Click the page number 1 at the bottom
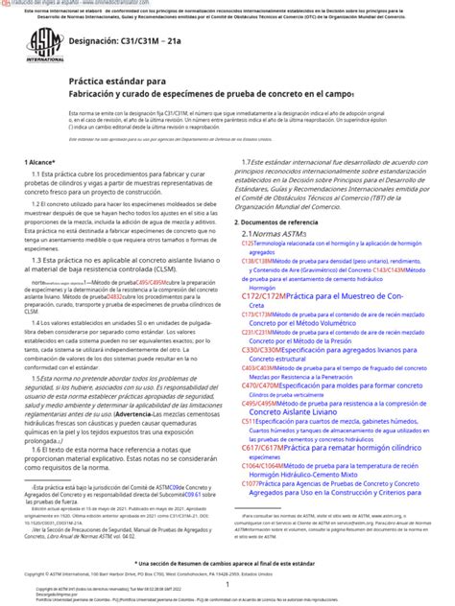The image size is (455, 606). [x=227, y=584]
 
